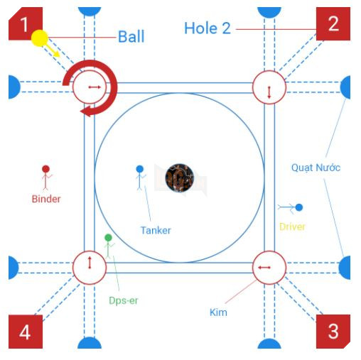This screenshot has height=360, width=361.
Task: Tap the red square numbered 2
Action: [x=333, y=23]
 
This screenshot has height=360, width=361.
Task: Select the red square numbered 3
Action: [x=333, y=332]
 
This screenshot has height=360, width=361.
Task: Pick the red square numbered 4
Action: [x=26, y=332]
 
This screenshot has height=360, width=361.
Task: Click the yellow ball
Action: [x=40, y=38]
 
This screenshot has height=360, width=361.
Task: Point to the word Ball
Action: [x=131, y=37]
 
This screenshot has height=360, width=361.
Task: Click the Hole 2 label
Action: [x=208, y=28]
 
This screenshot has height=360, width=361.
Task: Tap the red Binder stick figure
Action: [x=46, y=178]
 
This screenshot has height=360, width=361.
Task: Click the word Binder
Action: [x=46, y=199]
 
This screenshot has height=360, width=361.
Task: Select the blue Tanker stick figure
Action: [x=140, y=178]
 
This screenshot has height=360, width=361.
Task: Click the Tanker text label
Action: [x=156, y=230]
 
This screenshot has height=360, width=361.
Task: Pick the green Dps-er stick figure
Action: [x=109, y=246]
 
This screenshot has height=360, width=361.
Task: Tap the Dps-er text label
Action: [x=123, y=300]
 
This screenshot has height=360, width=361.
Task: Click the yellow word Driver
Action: [x=292, y=227]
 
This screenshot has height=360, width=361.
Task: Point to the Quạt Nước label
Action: [x=316, y=168]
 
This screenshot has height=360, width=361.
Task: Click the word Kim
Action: [x=218, y=312]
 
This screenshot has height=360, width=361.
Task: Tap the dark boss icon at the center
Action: [x=179, y=178]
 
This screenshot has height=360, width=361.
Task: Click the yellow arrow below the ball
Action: [x=53, y=50]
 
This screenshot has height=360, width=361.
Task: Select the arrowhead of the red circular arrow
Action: [x=86, y=111]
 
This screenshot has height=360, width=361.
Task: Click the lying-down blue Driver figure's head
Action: [x=299, y=207]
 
